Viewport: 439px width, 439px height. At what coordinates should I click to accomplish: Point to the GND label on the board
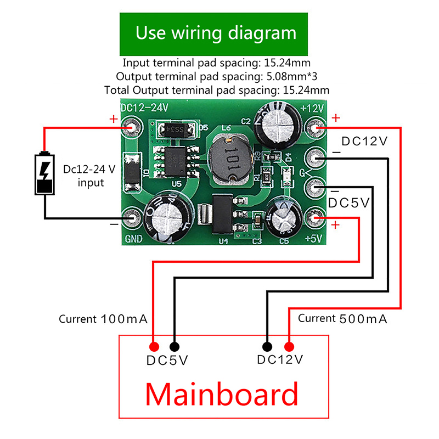[134, 239]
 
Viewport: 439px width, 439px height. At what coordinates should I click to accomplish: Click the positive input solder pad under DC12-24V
[132, 128]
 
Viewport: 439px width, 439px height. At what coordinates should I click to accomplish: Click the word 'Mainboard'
[222, 394]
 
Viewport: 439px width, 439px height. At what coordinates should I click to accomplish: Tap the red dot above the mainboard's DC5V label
[154, 347]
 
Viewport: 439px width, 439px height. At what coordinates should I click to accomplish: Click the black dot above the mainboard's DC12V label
[267, 347]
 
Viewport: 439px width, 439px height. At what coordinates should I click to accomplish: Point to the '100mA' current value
[124, 319]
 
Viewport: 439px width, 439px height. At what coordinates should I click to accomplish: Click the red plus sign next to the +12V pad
[336, 117]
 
